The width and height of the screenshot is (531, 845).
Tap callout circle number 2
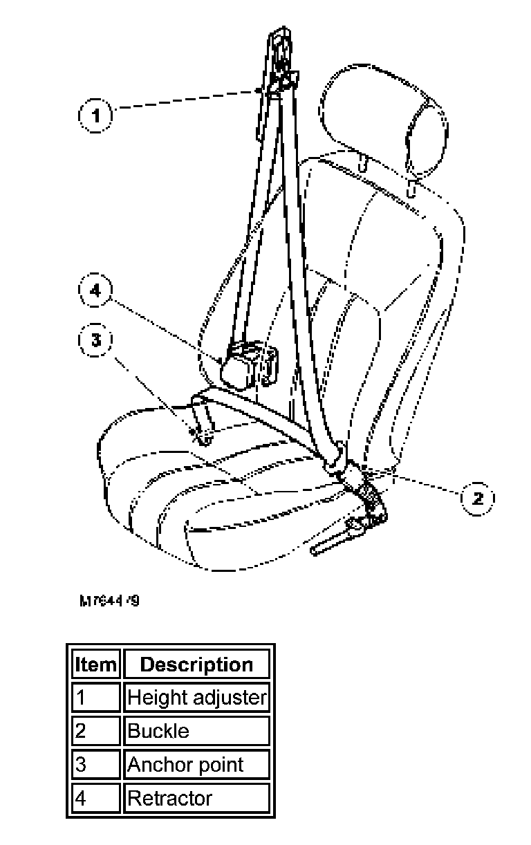[477, 497]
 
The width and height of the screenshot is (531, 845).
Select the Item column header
[95, 665]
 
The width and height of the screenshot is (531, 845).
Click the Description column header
[196, 665]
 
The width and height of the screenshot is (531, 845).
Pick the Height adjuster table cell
[196, 698]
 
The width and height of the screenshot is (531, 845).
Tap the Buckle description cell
[196, 731]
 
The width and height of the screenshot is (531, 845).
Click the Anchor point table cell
[196, 765]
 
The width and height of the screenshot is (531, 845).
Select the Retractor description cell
[196, 798]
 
